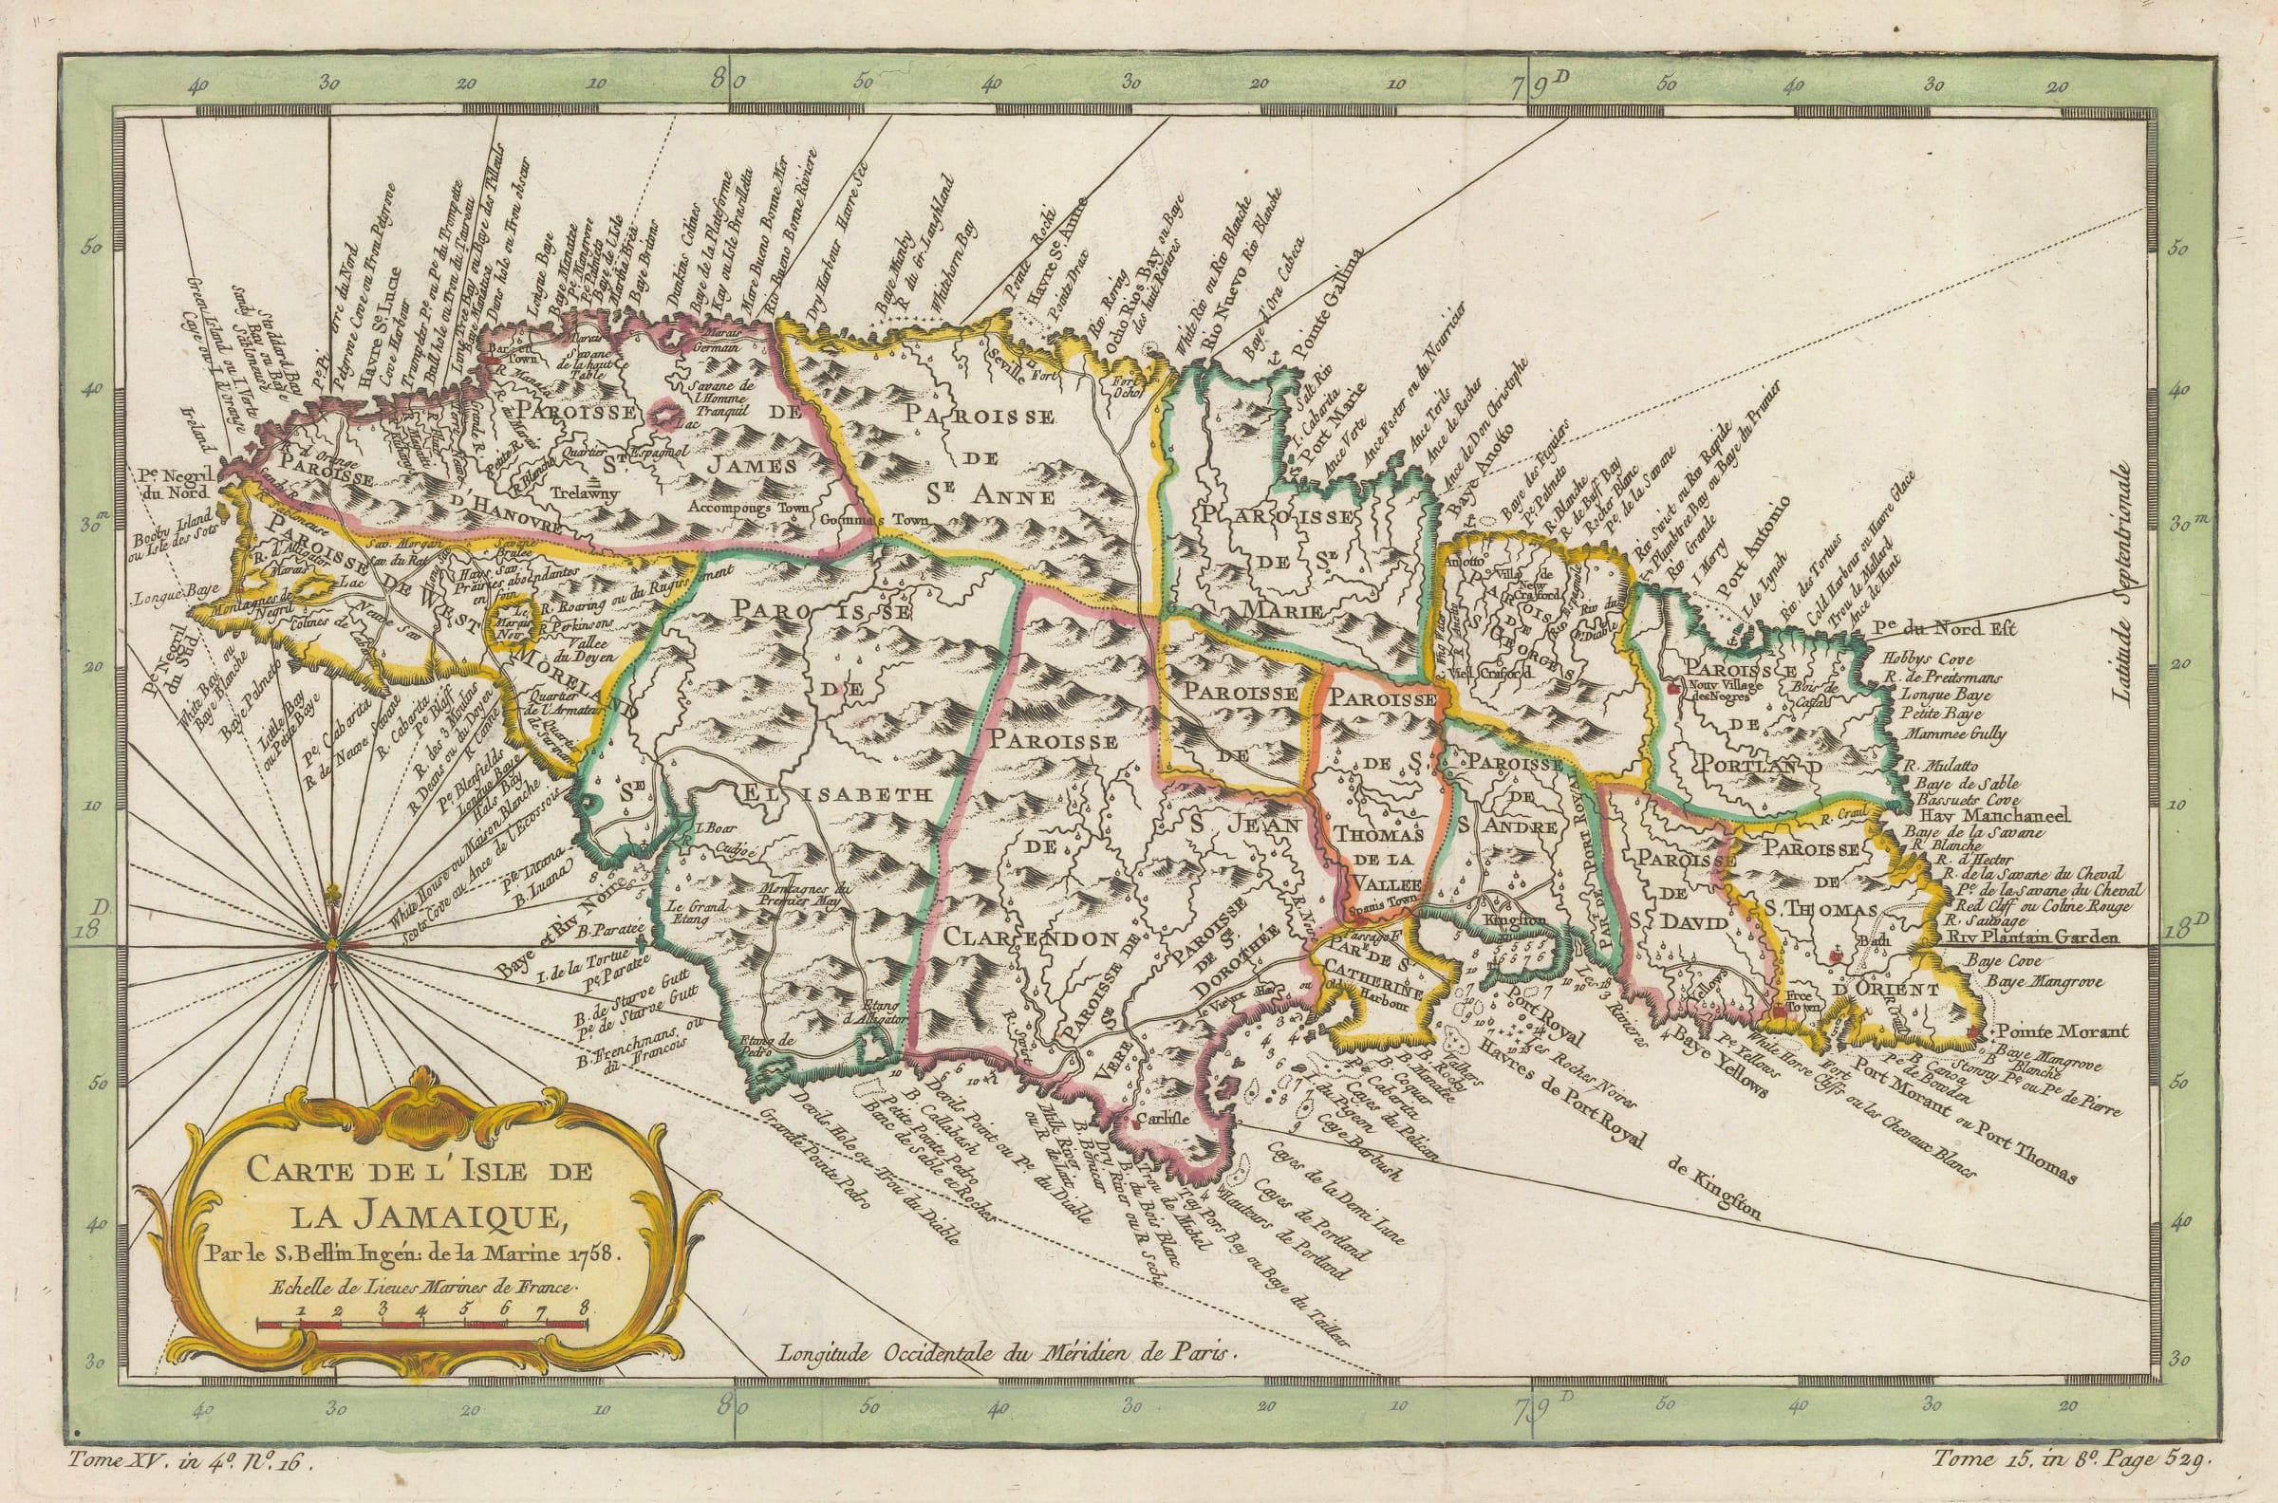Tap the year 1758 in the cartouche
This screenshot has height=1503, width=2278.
[595, 1252]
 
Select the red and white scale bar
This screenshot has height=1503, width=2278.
[421, 1326]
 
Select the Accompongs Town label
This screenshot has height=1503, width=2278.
[751, 507]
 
